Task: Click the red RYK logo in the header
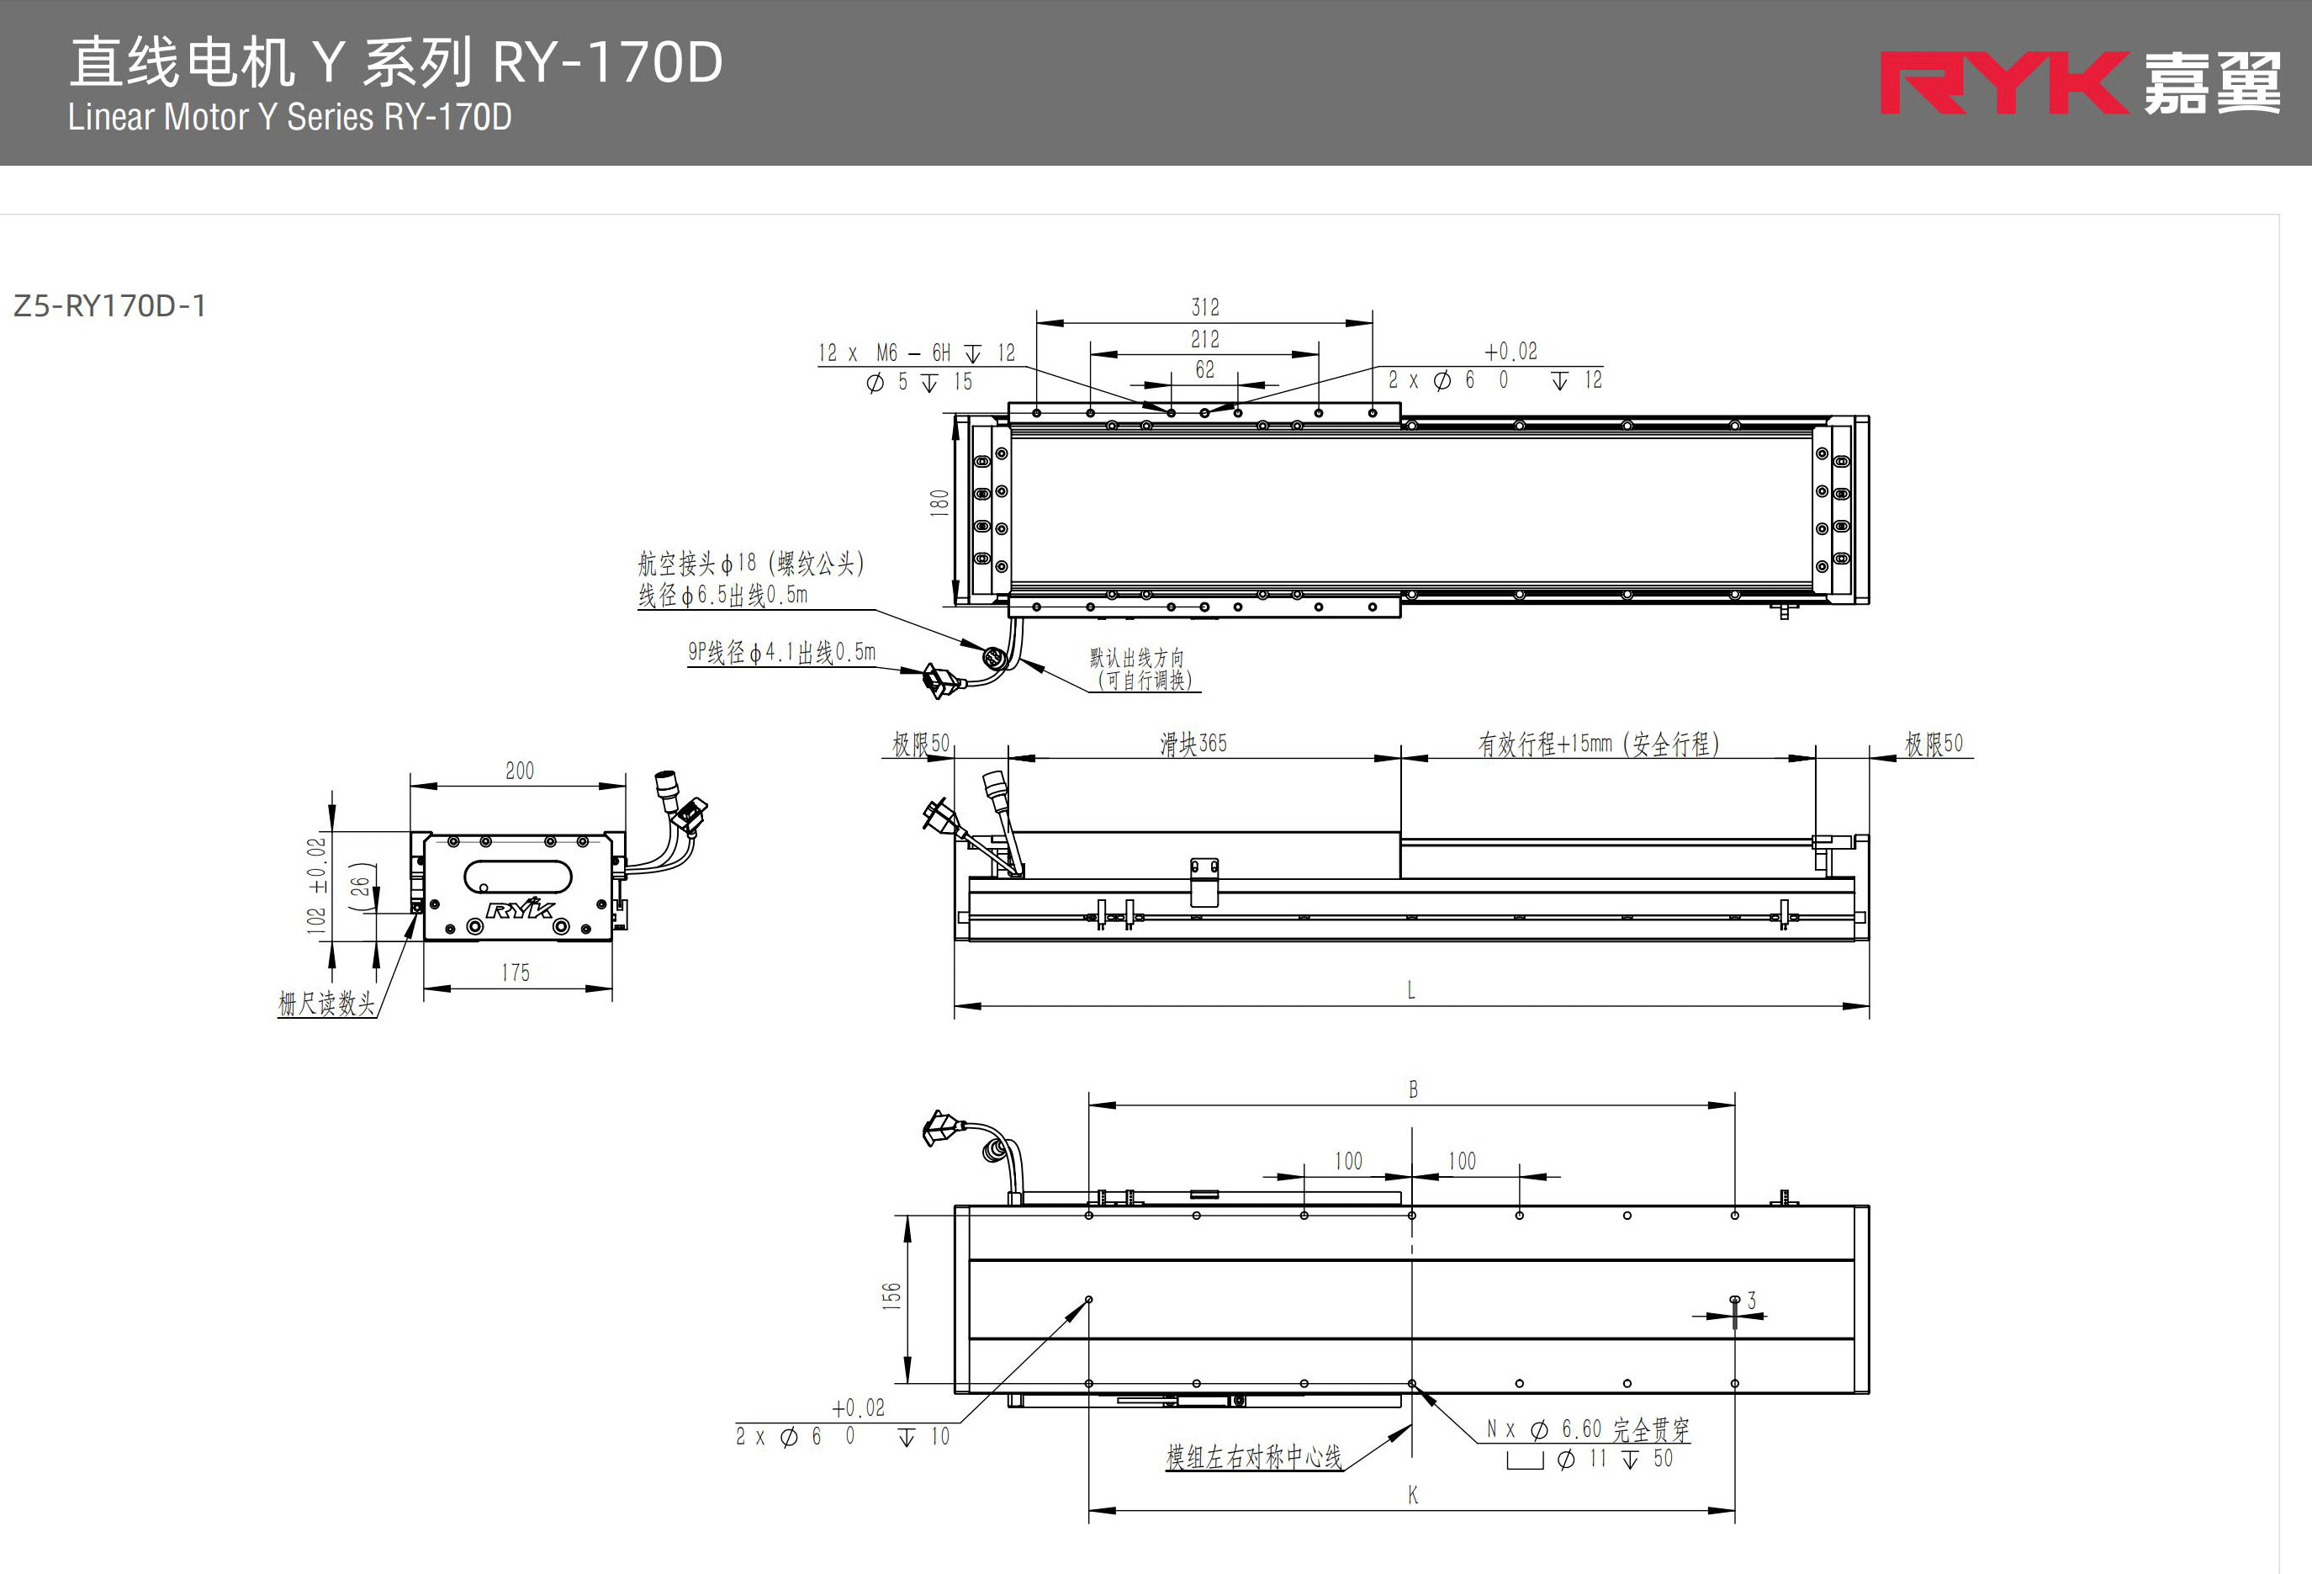click(x=2002, y=83)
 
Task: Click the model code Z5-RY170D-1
click(x=109, y=305)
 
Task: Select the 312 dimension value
click(x=1204, y=307)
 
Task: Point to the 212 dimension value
click(x=1204, y=339)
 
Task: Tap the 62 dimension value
click(x=1204, y=370)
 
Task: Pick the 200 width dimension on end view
click(x=519, y=771)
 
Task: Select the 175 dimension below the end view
click(x=516, y=973)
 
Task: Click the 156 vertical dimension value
click(x=891, y=1295)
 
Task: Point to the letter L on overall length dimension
click(x=1410, y=990)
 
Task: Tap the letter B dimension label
click(x=1413, y=1089)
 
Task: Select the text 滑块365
click(x=1193, y=743)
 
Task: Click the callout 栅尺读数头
click(x=326, y=1003)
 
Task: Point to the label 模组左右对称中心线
click(x=1253, y=1458)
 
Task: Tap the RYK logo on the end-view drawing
click(x=519, y=909)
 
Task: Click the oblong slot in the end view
click(x=518, y=879)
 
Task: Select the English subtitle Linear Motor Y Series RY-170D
click(x=289, y=118)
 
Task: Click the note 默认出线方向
click(x=1137, y=658)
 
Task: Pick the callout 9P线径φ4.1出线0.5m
click(x=782, y=653)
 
